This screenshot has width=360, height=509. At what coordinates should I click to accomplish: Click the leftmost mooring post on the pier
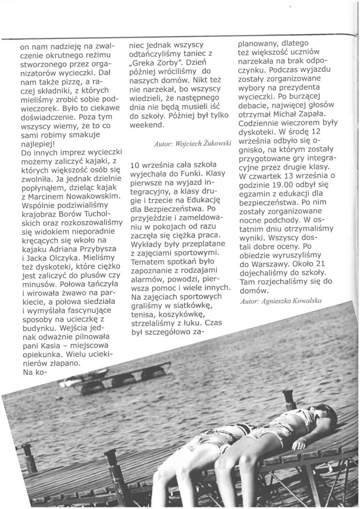coord(29,457)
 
